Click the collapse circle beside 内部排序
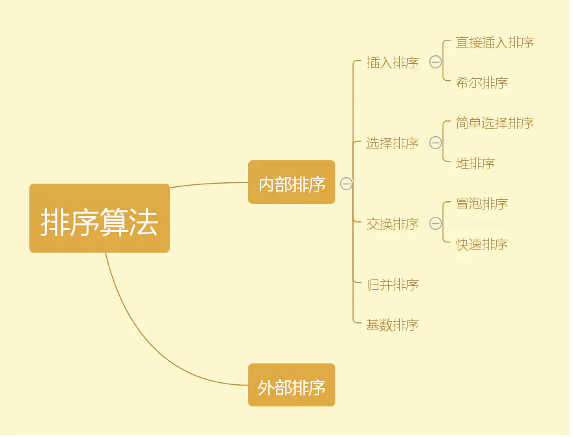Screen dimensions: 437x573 click(346, 184)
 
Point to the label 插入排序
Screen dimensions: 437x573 click(393, 63)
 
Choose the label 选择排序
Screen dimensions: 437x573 click(393, 143)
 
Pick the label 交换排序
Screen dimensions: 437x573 click(393, 224)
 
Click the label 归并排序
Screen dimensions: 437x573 click(393, 285)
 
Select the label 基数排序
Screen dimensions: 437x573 click(393, 325)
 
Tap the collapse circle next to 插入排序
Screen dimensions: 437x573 click(436, 63)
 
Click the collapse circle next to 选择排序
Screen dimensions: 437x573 click(436, 143)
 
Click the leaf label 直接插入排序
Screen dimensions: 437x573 click(495, 42)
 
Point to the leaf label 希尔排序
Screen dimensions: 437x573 click(482, 83)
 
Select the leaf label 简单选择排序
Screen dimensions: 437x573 click(495, 123)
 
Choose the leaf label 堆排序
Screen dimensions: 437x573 click(475, 163)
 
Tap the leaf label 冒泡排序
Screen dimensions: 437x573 click(482, 204)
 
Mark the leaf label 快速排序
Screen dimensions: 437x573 click(482, 244)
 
